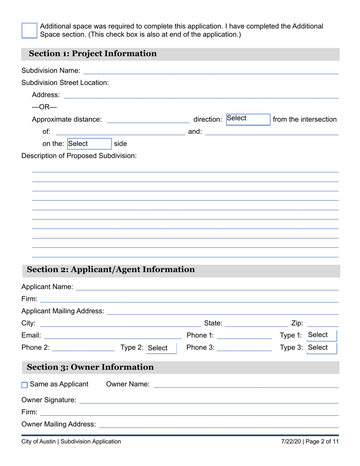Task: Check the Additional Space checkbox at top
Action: pos(29,30)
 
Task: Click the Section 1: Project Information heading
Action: pos(93,54)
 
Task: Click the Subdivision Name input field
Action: pos(210,70)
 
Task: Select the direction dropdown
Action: pos(248,119)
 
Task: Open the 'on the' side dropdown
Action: pos(89,144)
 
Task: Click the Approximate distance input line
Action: pos(148,119)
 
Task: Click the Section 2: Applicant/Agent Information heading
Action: pos(111,270)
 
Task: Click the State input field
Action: pos(256,323)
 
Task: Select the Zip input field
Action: pos(322,323)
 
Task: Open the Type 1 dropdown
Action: pos(321,335)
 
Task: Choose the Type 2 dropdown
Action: pos(161,348)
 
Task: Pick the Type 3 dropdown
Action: pos(321,348)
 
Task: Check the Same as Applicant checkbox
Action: pos(25,385)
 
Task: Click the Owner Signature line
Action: pos(208,400)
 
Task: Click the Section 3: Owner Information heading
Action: pos(90,367)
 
